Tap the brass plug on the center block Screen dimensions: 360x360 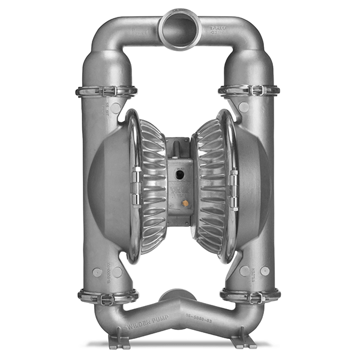click(x=184, y=203)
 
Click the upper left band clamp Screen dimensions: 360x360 click(x=106, y=91)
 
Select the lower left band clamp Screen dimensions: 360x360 click(x=107, y=296)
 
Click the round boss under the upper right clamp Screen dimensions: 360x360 click(x=244, y=107)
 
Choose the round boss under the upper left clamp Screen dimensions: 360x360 click(x=116, y=108)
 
